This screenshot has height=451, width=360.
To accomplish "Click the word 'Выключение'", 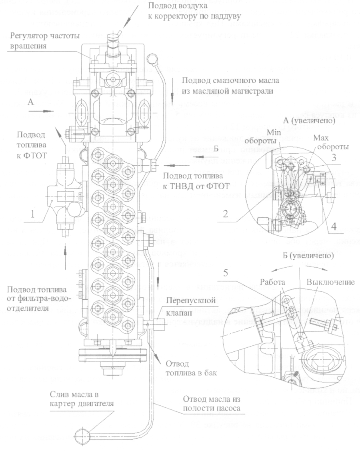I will tap(331, 282).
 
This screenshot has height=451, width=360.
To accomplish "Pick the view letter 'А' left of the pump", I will tap(30, 102).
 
